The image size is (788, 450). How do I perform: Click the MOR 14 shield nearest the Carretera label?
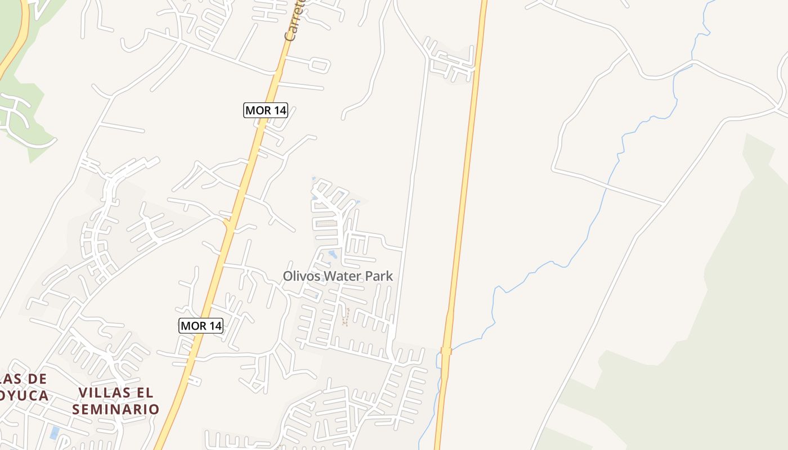pos(266,110)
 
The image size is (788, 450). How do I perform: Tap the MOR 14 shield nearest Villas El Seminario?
pos(201,325)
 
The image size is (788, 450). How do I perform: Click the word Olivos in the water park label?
pos(301,276)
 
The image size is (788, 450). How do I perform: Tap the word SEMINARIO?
pos(115,409)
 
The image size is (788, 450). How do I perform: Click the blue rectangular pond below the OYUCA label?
pos(54,433)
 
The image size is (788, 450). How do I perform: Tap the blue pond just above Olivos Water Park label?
pos(333,255)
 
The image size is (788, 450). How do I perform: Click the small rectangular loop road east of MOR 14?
pos(319,65)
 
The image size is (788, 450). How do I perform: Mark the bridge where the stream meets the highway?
pos(446,351)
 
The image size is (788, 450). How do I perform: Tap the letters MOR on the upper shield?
pos(258,110)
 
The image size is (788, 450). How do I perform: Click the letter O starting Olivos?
pos(288,276)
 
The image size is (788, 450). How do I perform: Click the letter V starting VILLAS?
pos(83,393)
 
